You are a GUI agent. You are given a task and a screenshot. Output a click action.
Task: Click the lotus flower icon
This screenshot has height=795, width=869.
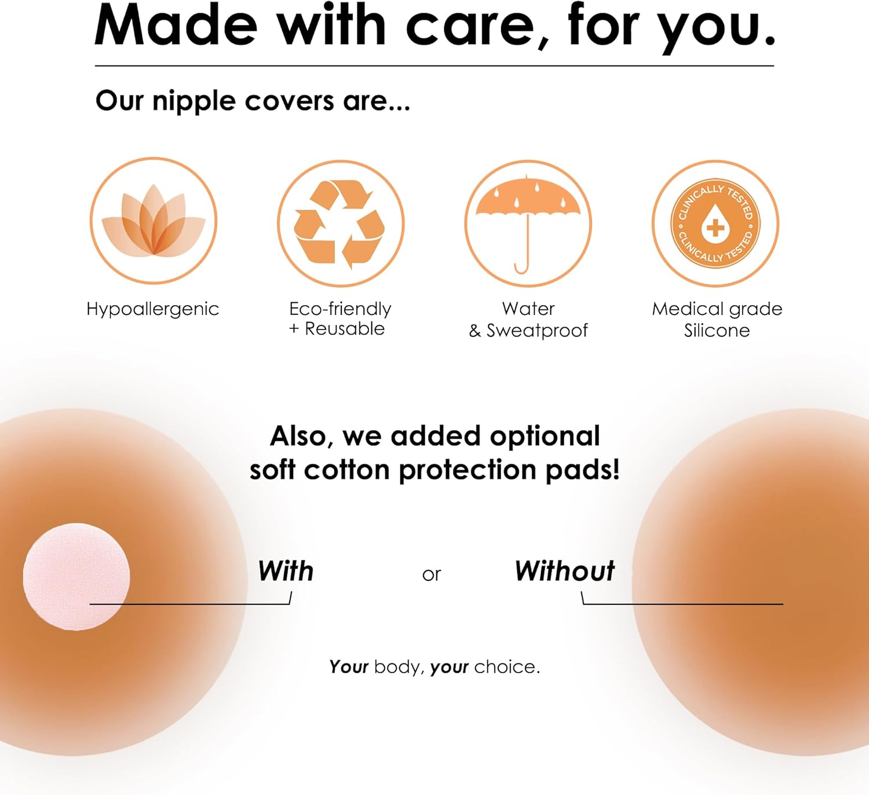pyautogui.click(x=154, y=221)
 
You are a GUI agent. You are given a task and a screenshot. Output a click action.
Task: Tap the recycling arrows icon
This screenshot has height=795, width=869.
pyautogui.click(x=340, y=224)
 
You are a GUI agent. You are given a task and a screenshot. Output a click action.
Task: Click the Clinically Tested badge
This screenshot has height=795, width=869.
pyautogui.click(x=715, y=224)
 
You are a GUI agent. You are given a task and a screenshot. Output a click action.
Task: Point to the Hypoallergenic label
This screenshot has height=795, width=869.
pyautogui.click(x=152, y=309)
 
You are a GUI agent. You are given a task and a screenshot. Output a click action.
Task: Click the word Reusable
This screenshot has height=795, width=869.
pyautogui.click(x=345, y=329)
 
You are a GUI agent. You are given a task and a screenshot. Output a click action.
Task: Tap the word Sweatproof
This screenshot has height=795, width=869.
pyautogui.click(x=537, y=331)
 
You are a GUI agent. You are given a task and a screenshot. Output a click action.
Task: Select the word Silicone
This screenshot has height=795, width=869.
pyautogui.click(x=717, y=331)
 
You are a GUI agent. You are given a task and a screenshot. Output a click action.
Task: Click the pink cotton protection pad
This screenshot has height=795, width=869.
pyautogui.click(x=76, y=576)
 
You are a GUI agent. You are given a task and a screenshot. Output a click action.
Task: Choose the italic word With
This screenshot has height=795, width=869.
pyautogui.click(x=286, y=571)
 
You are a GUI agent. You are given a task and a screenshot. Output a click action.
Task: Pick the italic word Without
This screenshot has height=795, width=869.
pyautogui.click(x=564, y=571)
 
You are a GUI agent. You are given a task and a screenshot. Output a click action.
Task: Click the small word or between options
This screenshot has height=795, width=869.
pyautogui.click(x=432, y=574)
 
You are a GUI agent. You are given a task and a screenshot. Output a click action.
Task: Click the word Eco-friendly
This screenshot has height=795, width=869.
pyautogui.click(x=340, y=309)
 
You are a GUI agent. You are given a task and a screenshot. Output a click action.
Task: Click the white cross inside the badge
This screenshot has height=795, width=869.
pyautogui.click(x=715, y=228)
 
